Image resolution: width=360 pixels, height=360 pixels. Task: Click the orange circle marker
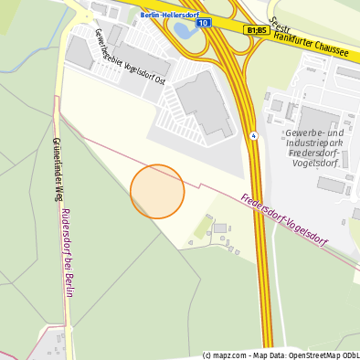point(157,191)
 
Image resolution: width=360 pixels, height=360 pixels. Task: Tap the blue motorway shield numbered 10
point(203,22)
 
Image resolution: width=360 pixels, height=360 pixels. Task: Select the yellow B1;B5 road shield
point(256,30)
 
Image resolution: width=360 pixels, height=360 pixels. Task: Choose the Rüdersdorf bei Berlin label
point(67,246)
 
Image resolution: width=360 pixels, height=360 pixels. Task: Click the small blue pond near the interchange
point(183,29)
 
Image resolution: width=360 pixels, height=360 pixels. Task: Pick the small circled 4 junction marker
point(253,135)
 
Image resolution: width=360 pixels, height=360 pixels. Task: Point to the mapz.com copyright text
point(226,355)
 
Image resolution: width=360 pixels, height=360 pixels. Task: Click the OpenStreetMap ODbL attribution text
point(320,355)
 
